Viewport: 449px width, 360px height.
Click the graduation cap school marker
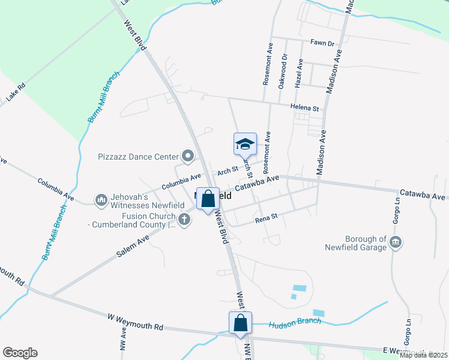[245, 144]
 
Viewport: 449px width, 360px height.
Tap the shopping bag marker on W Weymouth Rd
[240, 322]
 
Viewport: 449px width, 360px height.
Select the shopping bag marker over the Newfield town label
[208, 199]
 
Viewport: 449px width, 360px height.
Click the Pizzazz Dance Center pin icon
[188, 157]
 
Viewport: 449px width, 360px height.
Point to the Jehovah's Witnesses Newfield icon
[101, 199]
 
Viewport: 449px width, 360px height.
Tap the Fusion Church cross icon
[184, 220]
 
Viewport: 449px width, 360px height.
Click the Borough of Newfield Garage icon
[396, 242]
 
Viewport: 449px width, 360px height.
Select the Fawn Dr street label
[322, 43]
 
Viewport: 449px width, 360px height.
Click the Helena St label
[304, 107]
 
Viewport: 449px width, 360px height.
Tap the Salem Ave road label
[133, 246]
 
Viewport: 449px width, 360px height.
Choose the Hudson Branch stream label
[295, 322]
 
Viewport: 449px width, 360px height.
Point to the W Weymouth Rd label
[136, 322]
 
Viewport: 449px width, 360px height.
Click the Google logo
[20, 353]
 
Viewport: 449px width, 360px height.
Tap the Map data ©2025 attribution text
[423, 355]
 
